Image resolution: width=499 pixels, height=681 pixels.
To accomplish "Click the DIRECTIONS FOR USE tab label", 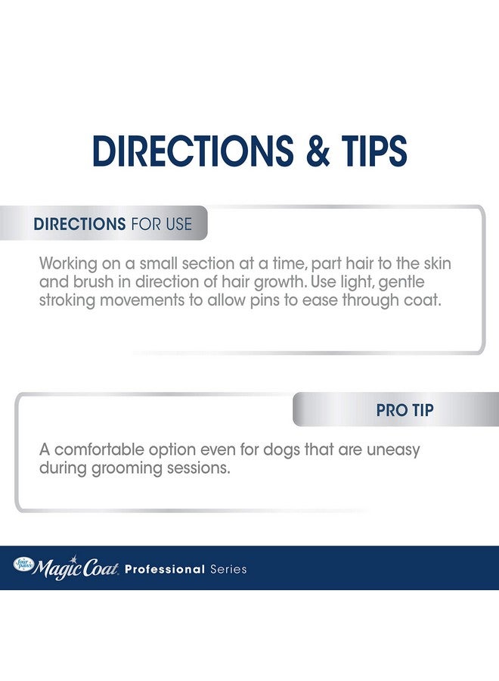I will click(x=113, y=224).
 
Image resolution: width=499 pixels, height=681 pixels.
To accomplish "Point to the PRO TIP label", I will click(x=404, y=411).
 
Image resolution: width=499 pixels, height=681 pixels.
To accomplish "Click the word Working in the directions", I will click(x=69, y=264).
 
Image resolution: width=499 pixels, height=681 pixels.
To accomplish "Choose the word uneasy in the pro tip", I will click(x=392, y=450).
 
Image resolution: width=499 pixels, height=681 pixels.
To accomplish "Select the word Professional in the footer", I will click(x=165, y=569).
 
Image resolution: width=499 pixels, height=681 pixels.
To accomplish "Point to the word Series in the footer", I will click(x=228, y=569).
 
